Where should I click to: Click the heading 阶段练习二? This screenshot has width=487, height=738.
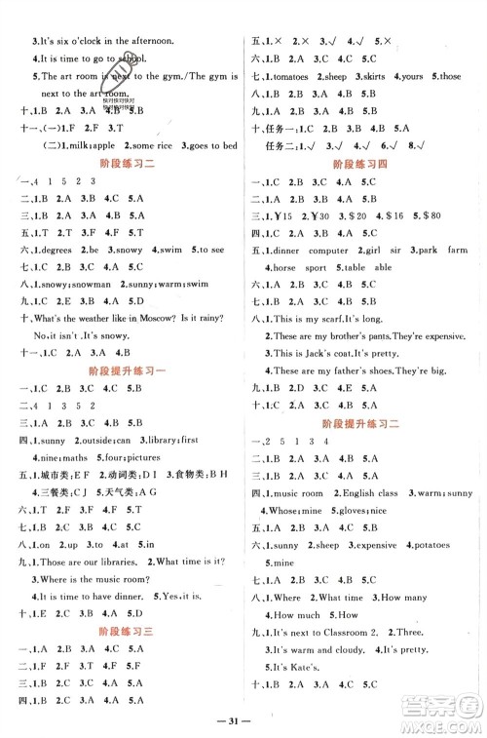[x=122, y=166]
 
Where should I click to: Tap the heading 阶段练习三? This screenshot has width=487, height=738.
[x=122, y=631]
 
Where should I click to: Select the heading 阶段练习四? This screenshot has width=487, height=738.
[x=362, y=166]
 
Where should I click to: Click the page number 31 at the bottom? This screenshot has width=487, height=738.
[x=243, y=719]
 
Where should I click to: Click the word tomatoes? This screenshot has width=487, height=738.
[x=293, y=76]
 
